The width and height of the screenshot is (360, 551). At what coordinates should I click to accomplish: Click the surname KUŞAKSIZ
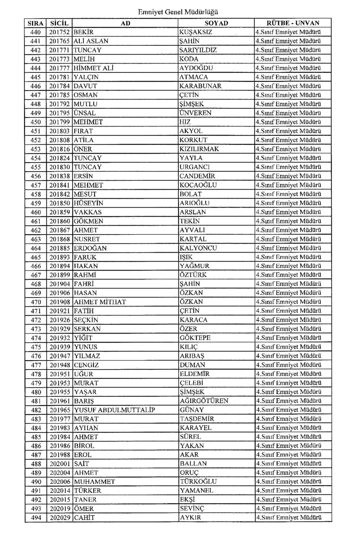tap(195, 32)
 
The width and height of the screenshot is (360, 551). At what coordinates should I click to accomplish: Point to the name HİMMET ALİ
tap(90, 68)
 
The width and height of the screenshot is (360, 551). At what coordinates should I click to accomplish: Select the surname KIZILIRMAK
tap(199, 149)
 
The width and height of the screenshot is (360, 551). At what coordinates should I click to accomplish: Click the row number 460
tap(35, 212)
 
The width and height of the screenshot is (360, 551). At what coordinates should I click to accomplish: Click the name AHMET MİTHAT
tap(99, 302)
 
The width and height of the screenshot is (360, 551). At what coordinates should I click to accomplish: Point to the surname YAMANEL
tap(196, 491)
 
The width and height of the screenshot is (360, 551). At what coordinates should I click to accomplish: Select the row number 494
tap(35, 517)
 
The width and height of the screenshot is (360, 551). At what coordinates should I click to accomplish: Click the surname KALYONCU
tap(198, 248)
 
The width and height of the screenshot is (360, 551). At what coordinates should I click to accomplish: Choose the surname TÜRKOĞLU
tap(198, 482)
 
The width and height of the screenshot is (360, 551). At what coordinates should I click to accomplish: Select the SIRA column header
tap(35, 23)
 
